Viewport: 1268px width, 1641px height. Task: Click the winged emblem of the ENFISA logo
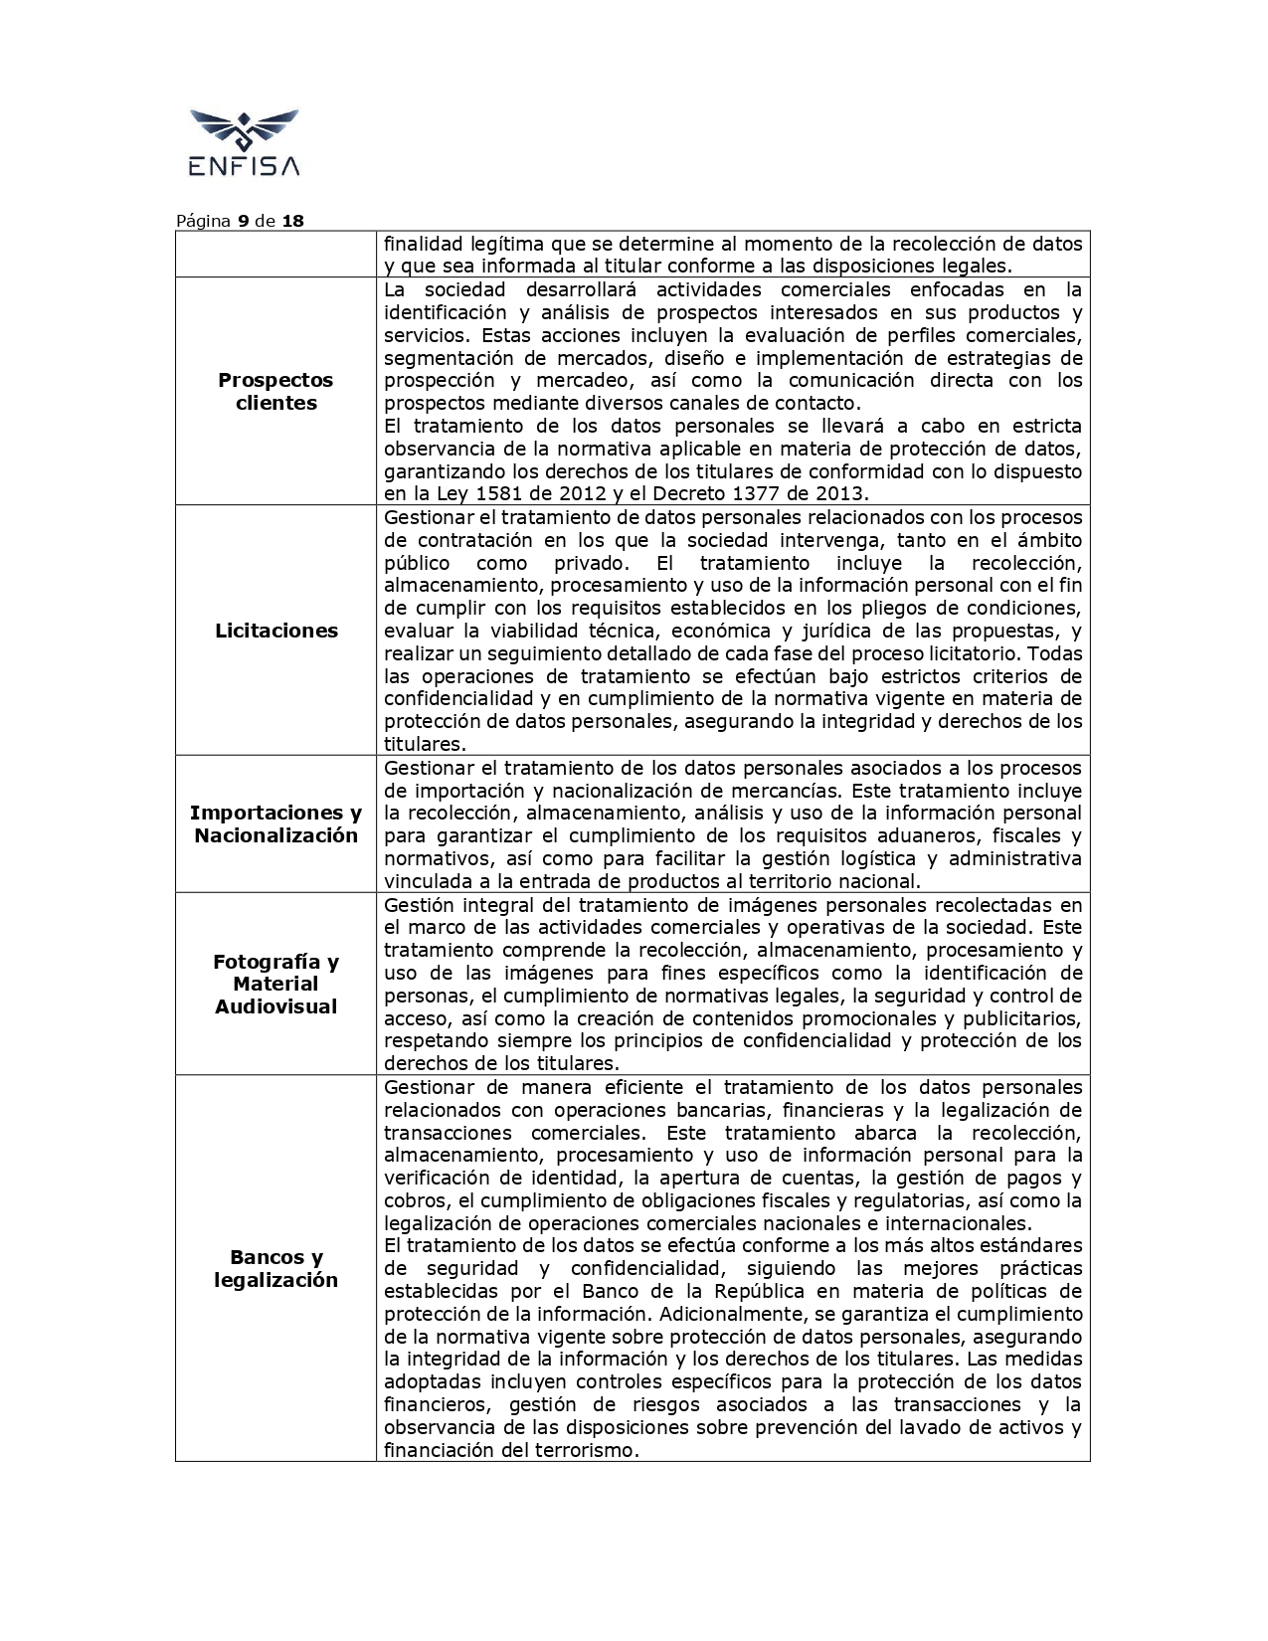tap(244, 130)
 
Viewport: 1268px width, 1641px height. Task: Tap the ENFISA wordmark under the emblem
tap(244, 166)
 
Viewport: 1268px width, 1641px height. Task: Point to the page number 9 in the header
tap(243, 221)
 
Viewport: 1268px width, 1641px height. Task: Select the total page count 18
tap(292, 221)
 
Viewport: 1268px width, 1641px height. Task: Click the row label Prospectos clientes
tap(275, 391)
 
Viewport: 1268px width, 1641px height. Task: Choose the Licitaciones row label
tap(275, 631)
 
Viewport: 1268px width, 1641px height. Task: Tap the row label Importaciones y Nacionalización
tap(275, 823)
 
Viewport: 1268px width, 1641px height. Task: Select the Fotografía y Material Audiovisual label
tap(275, 984)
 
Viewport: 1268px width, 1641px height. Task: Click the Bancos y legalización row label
tap(275, 1268)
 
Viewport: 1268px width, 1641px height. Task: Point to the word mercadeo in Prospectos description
tap(577, 380)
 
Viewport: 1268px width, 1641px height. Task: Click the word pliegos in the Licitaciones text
tap(905, 608)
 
